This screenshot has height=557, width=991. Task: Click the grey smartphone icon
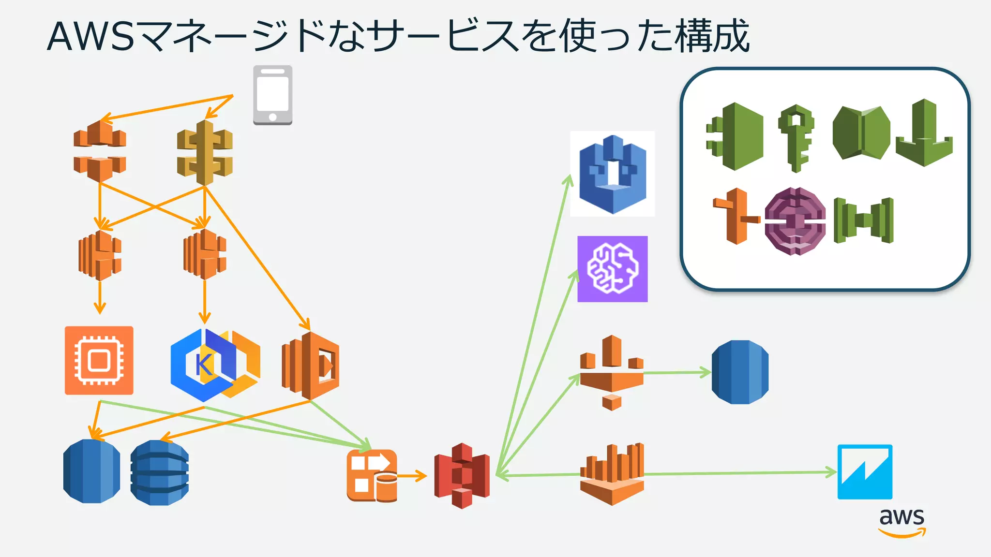pos(272,95)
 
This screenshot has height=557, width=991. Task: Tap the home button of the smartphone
pos(272,117)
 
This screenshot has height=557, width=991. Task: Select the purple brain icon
pos(612,269)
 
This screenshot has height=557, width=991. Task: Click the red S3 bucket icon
pos(462,476)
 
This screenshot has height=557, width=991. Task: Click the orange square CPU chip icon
pos(99,360)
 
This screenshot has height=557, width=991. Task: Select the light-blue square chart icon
pos(865,472)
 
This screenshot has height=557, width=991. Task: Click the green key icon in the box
pos(796,137)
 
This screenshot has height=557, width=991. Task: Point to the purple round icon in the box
pos(795,221)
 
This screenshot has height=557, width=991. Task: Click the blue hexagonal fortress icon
pos(613,174)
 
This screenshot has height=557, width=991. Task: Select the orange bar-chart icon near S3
pos(612,474)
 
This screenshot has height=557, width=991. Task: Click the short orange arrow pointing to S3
pos(412,476)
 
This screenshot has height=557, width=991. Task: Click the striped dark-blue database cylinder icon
pos(159,472)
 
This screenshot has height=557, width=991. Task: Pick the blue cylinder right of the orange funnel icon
pos(740,372)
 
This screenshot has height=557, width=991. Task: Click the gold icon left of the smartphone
pos(205,153)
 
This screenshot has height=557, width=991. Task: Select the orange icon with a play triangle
pos(311,366)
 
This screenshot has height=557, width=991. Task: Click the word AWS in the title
pos(90,36)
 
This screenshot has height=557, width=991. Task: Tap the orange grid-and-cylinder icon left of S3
pos(372,475)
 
